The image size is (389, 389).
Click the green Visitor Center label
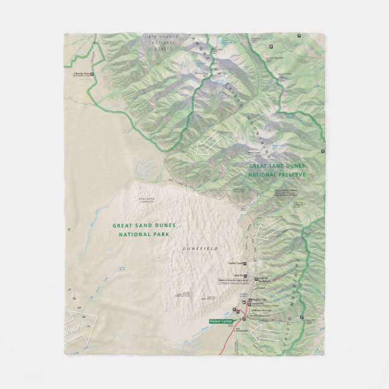click(x=220, y=321)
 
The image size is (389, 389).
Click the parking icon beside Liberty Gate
click(x=92, y=74)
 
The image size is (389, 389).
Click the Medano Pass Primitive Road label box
click(x=234, y=281)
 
